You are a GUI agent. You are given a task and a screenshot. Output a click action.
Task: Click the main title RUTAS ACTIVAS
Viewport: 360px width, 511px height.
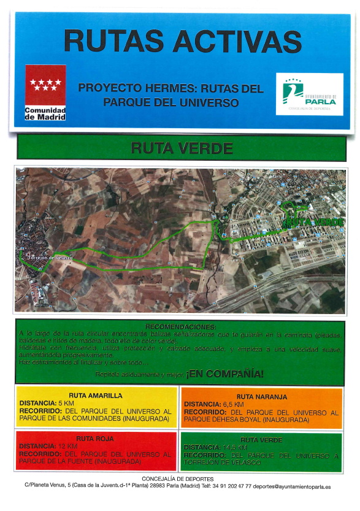182,41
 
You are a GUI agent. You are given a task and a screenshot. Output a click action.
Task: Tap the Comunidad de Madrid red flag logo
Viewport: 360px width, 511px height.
45,85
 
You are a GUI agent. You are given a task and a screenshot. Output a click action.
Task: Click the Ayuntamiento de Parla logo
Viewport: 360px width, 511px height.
309,94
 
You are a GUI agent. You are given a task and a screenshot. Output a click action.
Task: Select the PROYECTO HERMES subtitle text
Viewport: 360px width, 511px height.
170,95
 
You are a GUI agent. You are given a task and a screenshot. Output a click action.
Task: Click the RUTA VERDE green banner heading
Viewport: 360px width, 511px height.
182,148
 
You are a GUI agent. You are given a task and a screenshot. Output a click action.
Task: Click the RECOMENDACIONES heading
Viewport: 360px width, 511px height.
180,326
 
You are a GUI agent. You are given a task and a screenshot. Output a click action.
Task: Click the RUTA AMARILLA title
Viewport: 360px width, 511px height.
97,395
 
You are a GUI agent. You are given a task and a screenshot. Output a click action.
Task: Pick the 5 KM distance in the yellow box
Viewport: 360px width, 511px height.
65,403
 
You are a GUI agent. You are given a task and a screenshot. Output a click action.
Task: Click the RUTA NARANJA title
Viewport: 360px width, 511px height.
261,397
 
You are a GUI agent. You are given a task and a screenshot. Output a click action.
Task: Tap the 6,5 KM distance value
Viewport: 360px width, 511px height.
234,405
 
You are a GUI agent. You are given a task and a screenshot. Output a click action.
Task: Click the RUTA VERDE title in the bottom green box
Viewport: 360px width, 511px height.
261,440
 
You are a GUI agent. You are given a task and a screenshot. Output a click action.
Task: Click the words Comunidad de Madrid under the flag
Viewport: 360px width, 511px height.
45,113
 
